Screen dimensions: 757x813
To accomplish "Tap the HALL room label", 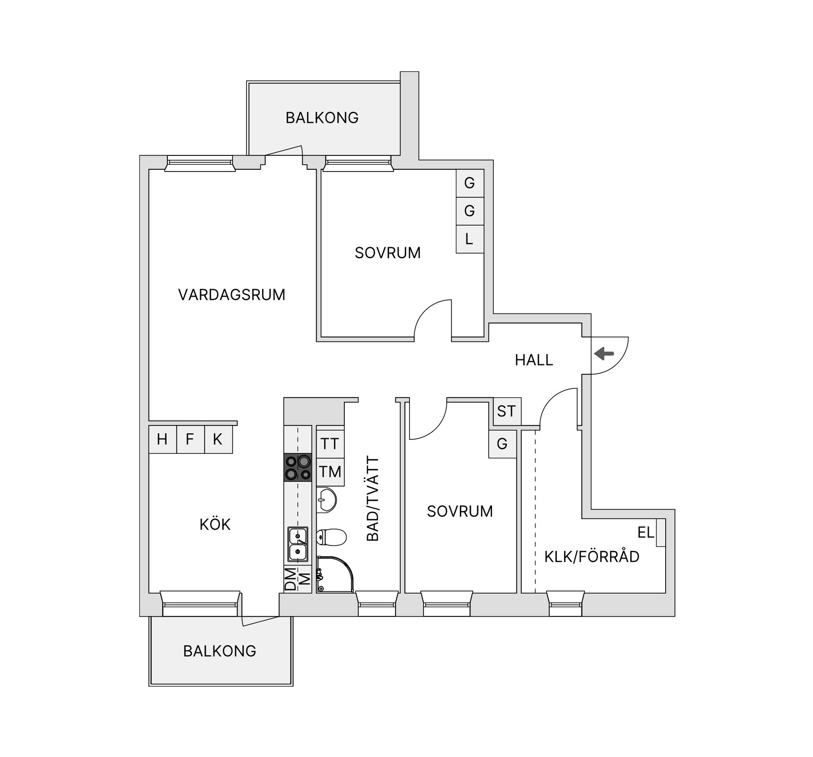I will point(534,360).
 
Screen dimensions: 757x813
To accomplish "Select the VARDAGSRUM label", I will point(232,295).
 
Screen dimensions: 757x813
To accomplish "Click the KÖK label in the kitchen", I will point(215,524).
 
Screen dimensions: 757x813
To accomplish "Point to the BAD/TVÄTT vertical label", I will point(373,498).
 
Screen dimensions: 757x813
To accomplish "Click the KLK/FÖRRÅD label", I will point(592,557).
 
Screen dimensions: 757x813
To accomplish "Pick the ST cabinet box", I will point(506,411).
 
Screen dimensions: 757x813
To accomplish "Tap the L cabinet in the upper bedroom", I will point(469,239).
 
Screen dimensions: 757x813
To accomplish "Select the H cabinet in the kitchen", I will point(162,439).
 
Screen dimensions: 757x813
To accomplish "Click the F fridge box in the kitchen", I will point(190,439).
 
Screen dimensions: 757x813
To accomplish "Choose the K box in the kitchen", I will point(218,439).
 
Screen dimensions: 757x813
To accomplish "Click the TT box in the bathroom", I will point(329,444).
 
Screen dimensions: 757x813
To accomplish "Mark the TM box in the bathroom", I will point(330,471).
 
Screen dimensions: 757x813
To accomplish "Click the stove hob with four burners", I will point(298,467).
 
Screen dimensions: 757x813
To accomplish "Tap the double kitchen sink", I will point(298,544).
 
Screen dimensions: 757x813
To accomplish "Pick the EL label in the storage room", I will point(646,532).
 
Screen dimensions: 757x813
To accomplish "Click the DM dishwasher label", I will point(290,579).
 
